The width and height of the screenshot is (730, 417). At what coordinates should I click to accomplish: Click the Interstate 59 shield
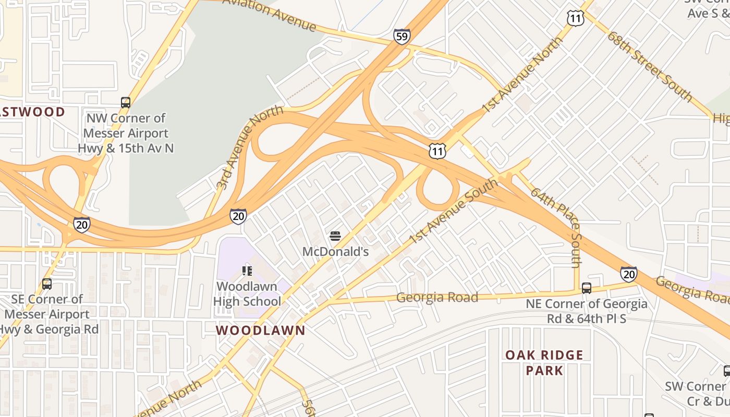401,36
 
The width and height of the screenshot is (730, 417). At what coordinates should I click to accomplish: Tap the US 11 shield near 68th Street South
575,19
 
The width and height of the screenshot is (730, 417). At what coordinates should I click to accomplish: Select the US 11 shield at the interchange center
437,151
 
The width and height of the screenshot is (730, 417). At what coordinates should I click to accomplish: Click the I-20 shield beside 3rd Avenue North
238,216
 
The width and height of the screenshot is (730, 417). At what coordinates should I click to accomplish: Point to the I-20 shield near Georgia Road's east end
628,274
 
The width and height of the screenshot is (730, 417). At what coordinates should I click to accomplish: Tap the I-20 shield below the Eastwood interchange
81,224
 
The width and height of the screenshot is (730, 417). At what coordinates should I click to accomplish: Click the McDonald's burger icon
335,236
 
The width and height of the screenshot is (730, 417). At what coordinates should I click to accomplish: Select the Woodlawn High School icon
247,271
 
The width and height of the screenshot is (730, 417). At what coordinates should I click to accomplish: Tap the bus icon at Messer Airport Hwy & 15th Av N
126,102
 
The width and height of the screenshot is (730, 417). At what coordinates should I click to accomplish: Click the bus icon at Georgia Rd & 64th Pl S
587,288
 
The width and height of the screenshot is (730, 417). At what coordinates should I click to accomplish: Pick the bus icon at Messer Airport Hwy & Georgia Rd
47,284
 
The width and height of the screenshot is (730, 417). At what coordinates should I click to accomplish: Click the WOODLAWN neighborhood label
260,330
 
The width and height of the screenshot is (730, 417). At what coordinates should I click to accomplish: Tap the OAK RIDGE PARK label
544,362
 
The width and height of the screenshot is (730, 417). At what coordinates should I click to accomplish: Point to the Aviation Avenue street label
270,15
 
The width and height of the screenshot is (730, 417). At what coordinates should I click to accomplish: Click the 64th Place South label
556,227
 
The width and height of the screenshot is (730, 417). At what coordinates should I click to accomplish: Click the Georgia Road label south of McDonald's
437,298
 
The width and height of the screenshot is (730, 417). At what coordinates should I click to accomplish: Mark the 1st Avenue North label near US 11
521,75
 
